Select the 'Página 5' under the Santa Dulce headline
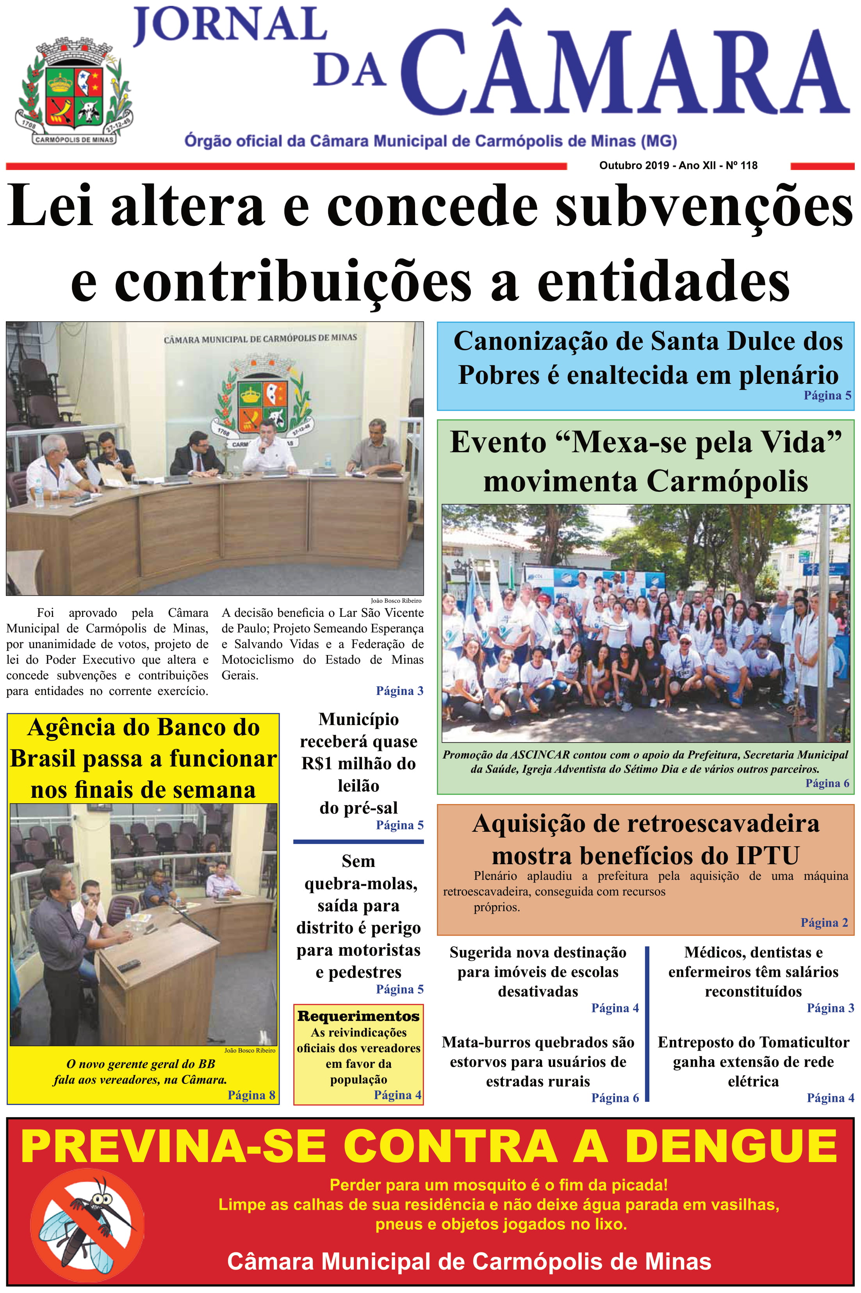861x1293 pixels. click(x=827, y=395)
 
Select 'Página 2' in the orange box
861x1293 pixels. click(x=824, y=922)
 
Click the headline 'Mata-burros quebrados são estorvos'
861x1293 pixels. click(x=538, y=1061)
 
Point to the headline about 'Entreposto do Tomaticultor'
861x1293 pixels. click(x=753, y=1061)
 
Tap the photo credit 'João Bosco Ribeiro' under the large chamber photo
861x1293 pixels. click(x=396, y=601)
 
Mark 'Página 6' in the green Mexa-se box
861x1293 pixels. click(x=827, y=783)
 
